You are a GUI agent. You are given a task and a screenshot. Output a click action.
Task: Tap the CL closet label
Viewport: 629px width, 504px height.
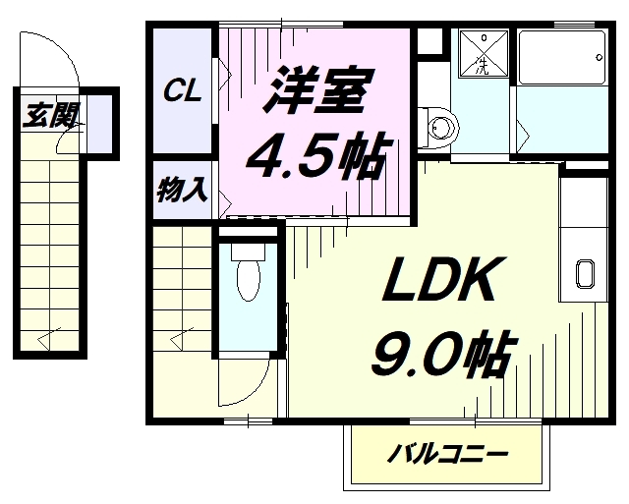coord(183,91)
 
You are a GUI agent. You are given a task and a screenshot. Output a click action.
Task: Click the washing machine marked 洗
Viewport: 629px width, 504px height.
coord(482,54)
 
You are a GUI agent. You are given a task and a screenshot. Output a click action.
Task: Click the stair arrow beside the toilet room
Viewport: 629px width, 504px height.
coord(180,338)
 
